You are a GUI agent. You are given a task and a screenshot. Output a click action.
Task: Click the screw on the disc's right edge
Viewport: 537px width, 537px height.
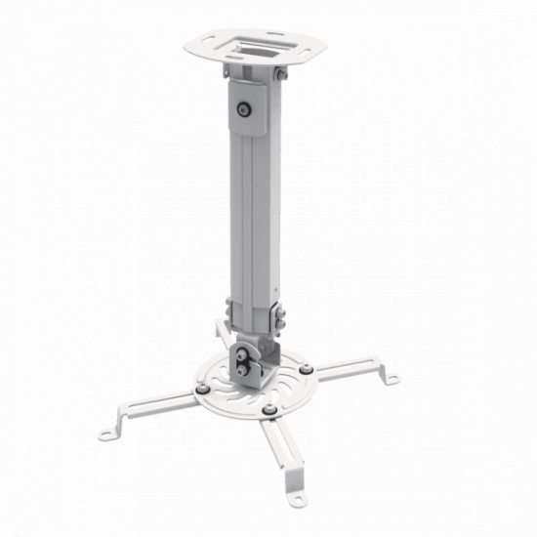tap(309, 369)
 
